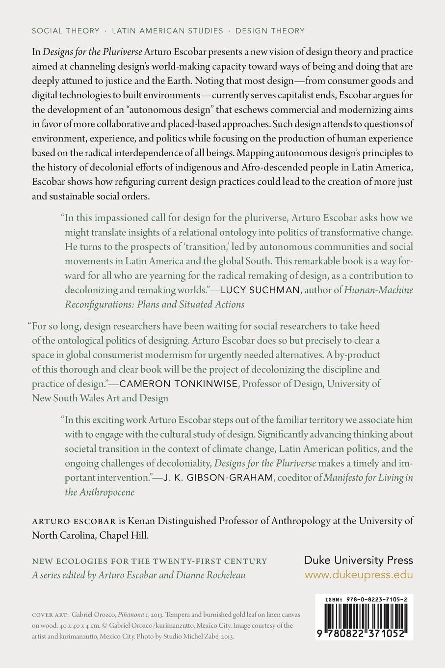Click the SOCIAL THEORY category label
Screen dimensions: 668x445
[65, 30]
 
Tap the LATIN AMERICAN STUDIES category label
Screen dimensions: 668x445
[167, 30]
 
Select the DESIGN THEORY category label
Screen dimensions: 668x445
[270, 30]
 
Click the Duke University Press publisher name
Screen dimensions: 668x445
[359, 560]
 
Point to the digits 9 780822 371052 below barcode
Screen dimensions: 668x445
[364, 634]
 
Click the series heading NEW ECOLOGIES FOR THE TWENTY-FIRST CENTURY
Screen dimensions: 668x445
[149, 561]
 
